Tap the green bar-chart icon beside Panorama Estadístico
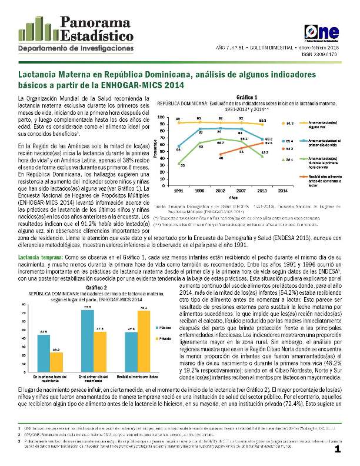(34, 28)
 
